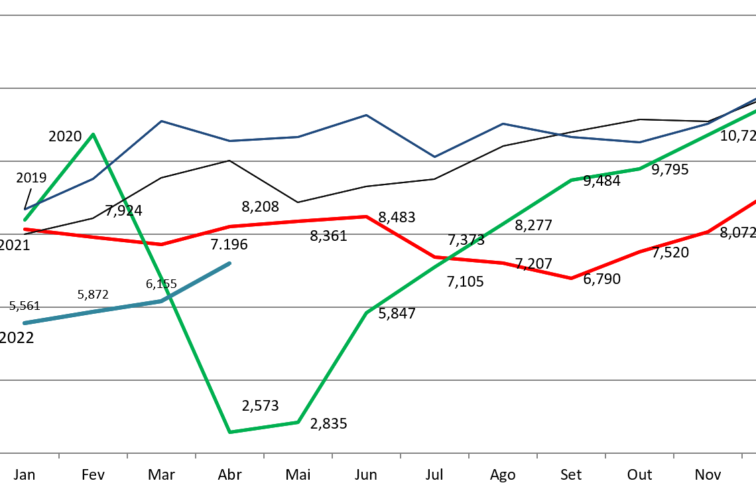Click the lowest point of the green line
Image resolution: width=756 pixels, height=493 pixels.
click(229, 432)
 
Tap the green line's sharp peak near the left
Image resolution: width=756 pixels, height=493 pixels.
click(93, 134)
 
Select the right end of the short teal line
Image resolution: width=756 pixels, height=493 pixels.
click(229, 263)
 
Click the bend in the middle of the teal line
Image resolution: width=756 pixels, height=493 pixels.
click(161, 301)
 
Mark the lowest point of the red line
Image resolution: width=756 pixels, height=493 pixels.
click(571, 278)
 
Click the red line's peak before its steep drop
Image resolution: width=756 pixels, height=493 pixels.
click(366, 216)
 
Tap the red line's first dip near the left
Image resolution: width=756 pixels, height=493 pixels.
click(161, 244)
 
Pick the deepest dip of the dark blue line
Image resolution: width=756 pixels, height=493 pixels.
click(434, 157)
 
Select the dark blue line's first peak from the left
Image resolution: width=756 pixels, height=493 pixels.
click(161, 121)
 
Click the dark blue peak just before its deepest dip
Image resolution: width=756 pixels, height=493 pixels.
click(366, 115)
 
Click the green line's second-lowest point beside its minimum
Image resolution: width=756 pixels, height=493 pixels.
click(298, 422)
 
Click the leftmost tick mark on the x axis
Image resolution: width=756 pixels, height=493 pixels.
click(59, 456)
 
